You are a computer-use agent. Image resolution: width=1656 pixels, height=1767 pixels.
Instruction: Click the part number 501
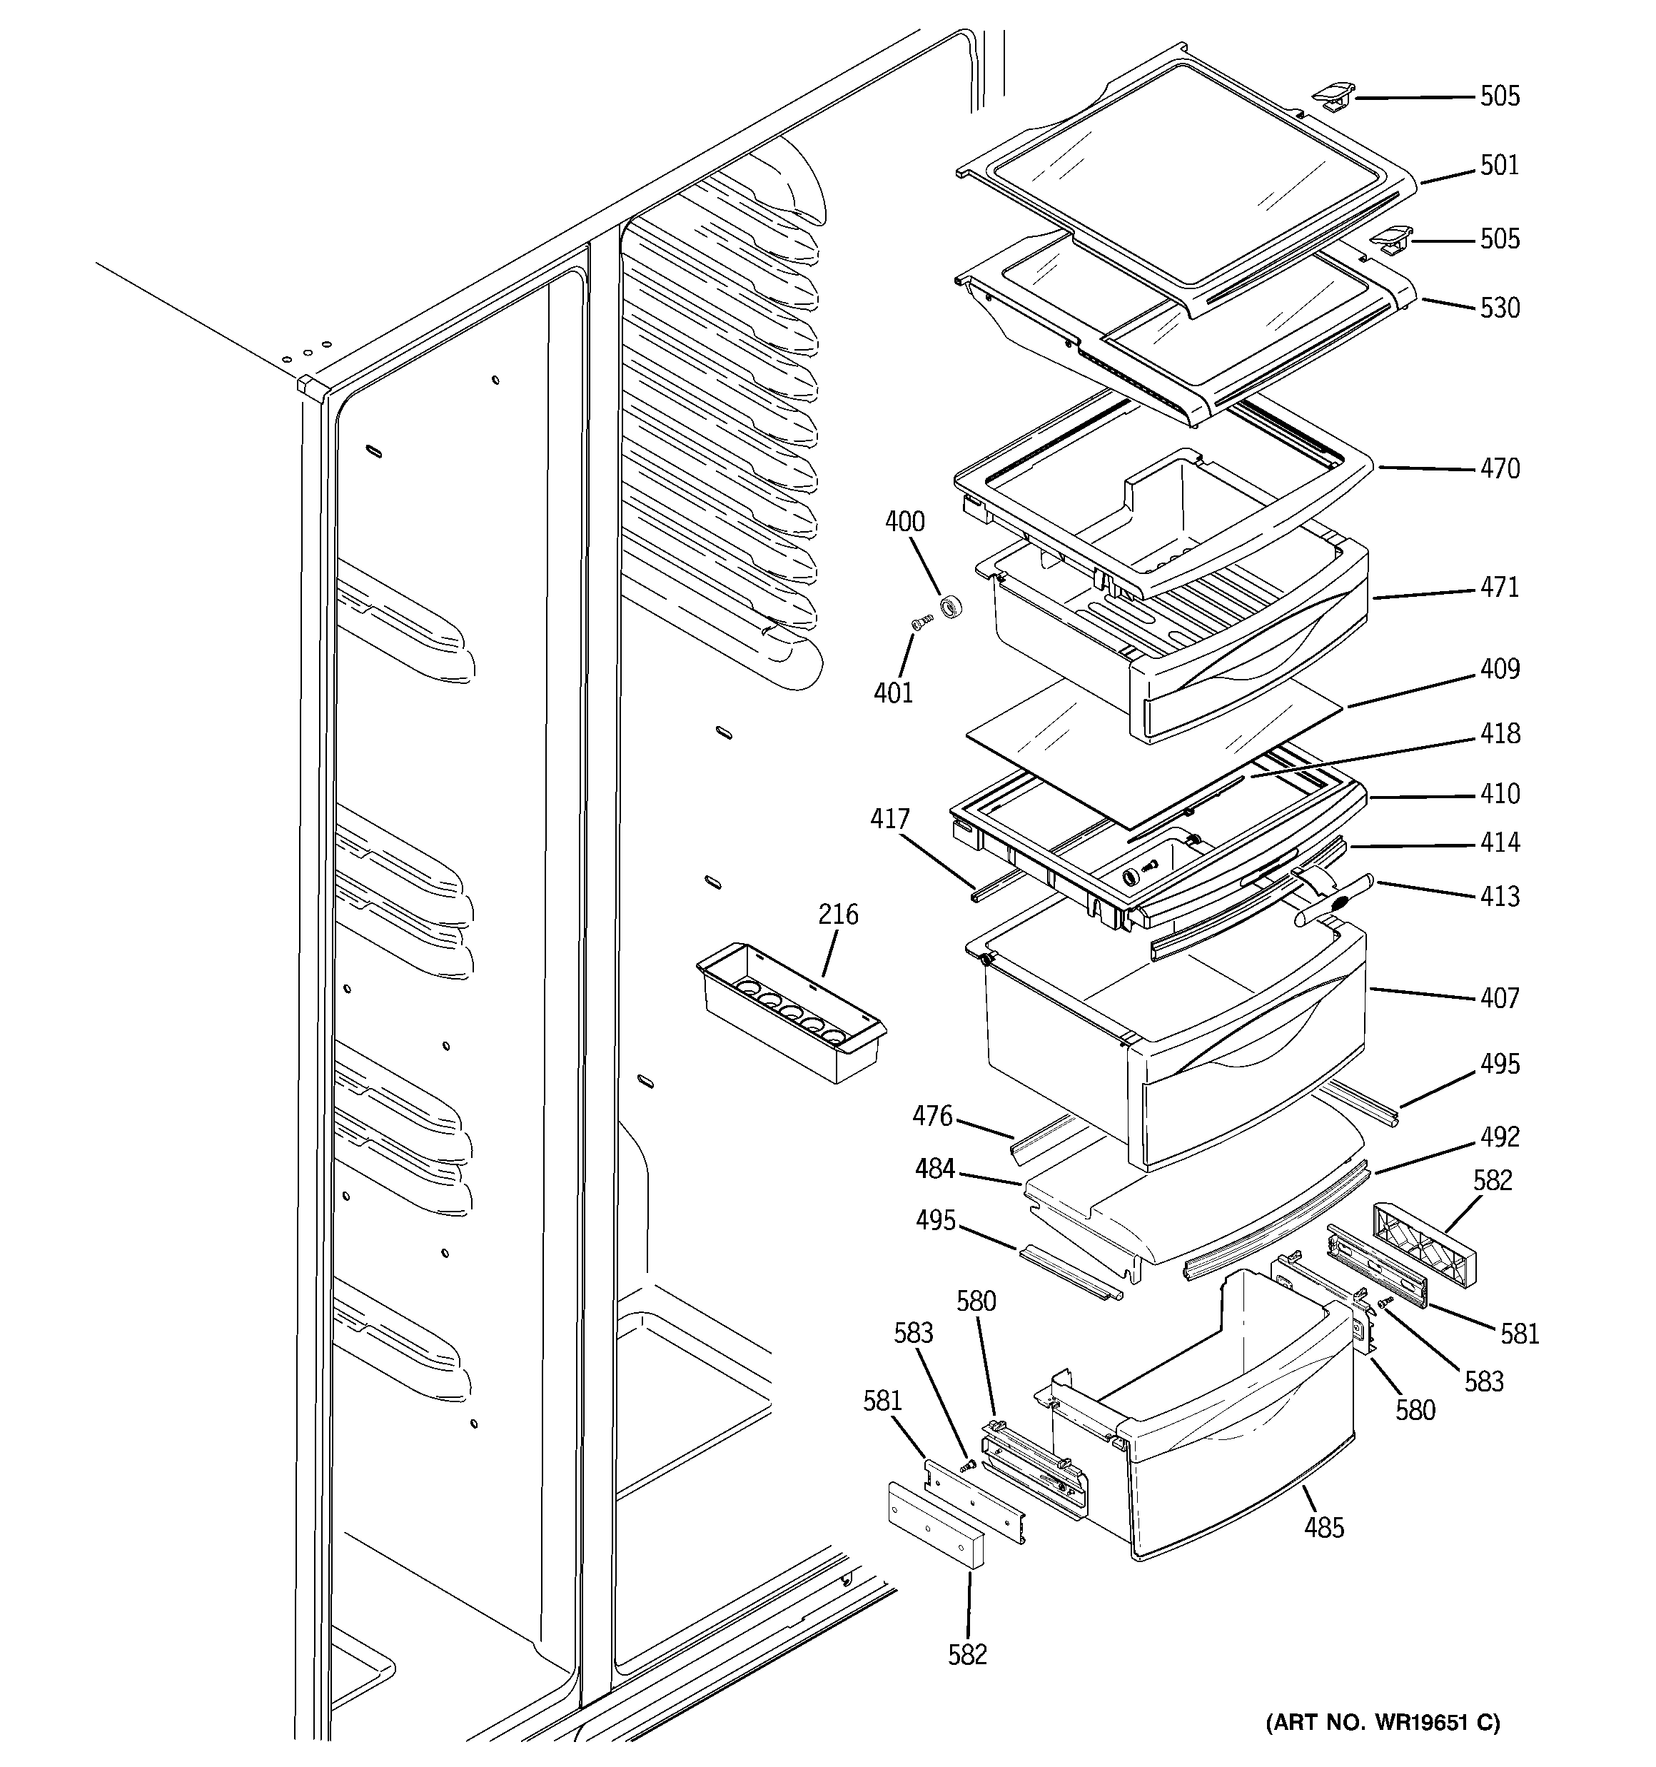(x=1499, y=166)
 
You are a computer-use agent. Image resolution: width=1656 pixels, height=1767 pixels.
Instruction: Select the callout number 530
(x=1499, y=308)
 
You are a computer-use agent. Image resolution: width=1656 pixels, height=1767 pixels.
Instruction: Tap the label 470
(x=1499, y=468)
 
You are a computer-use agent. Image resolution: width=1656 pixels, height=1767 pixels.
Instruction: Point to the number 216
(x=837, y=914)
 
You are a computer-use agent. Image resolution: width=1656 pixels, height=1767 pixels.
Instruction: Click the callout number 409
(x=1499, y=668)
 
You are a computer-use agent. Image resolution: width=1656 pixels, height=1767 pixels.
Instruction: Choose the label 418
(x=1499, y=733)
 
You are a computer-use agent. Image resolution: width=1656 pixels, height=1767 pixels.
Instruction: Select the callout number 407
(x=1499, y=998)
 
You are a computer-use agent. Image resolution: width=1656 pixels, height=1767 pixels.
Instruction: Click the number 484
(x=934, y=1169)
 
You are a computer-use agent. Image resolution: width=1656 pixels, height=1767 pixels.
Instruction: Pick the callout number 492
(x=1499, y=1137)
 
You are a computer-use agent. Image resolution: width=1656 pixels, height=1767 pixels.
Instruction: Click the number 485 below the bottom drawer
(x=1323, y=1528)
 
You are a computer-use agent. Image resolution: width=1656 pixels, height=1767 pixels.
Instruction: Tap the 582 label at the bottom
(x=967, y=1654)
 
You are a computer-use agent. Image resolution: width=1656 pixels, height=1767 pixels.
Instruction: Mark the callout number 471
(x=1499, y=588)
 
